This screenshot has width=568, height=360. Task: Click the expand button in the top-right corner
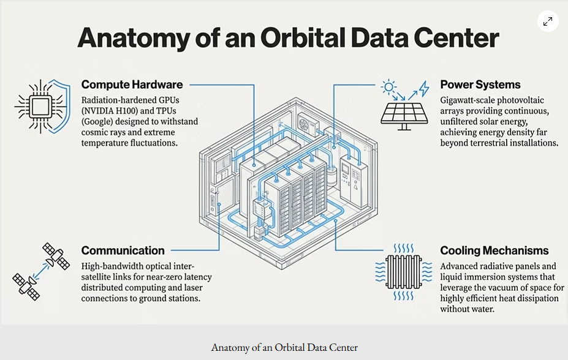[548, 21]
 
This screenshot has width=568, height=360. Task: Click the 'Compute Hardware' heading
[132, 84]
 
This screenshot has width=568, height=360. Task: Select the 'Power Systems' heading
[480, 84]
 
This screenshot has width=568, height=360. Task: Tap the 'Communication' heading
[123, 250]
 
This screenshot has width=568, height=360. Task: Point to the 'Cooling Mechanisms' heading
[494, 250]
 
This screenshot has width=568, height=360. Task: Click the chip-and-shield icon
[43, 107]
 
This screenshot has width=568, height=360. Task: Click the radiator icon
[404, 272]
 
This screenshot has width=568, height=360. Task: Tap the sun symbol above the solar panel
[388, 87]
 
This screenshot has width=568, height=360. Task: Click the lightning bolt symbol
[424, 89]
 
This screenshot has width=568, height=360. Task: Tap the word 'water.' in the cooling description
[483, 309]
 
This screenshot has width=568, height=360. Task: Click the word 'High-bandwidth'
[106, 266]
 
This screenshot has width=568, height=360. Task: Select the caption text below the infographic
[284, 347]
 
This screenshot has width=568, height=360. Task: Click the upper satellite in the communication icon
[56, 256]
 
